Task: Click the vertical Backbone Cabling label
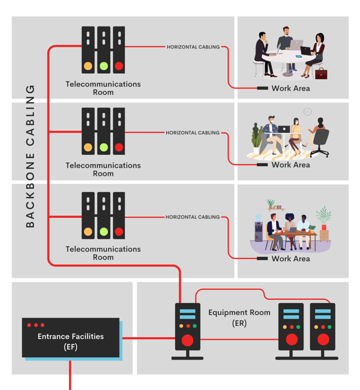30,156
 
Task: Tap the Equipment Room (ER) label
231,317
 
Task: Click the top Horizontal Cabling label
193,47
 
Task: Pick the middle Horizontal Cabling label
193,133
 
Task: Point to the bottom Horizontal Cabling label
193,217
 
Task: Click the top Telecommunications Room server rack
103,50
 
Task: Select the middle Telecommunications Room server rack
103,131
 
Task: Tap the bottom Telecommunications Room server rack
103,215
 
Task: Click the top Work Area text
291,88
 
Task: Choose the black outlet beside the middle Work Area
262,164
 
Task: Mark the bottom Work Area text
291,259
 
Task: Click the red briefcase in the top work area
322,73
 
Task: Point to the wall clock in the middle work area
308,112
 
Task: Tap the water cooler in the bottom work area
259,228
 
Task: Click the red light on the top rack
119,66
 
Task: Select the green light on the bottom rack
103,232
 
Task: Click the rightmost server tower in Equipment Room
323,330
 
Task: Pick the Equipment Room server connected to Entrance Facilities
187,330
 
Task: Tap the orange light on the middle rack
88,147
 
